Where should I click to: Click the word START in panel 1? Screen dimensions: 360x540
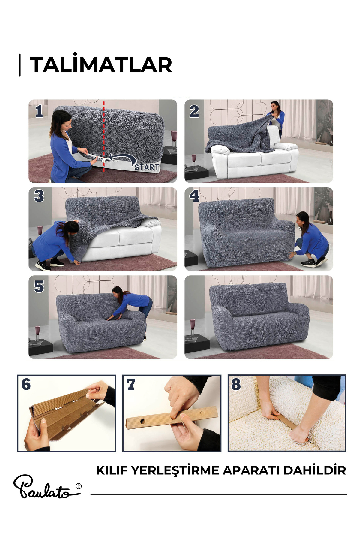(x=147, y=167)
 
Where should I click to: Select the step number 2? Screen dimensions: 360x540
(x=194, y=111)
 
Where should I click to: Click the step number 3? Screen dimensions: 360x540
(x=39, y=196)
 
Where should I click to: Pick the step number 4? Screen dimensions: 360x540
(x=194, y=196)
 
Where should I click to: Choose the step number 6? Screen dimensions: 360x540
(x=26, y=384)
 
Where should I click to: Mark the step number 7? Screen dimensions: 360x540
(x=131, y=384)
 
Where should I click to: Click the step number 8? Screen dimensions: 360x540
(x=236, y=384)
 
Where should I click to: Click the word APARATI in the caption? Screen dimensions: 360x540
(x=251, y=470)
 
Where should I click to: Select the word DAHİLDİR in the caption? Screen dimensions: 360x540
(x=315, y=470)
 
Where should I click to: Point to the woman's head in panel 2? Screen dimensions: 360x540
(x=274, y=106)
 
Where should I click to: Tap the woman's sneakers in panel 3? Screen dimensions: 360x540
(x=50, y=264)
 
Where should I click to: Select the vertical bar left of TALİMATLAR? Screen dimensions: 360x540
(x=20, y=65)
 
